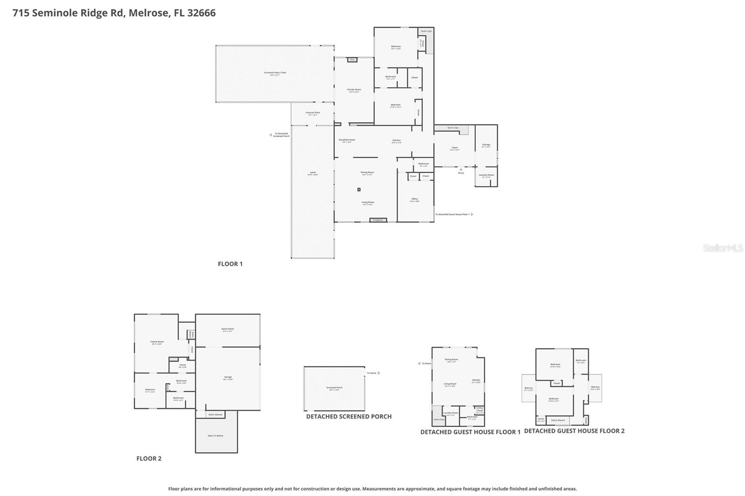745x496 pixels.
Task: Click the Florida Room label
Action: [x=354, y=90]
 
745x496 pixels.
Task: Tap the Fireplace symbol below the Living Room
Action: [x=378, y=220]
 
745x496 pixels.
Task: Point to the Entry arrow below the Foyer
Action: [x=461, y=170]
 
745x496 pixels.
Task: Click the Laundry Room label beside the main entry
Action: [x=486, y=175]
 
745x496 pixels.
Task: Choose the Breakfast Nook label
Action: [x=347, y=140]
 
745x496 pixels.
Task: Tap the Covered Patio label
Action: [x=312, y=113]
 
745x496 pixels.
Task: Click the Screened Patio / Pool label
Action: [x=275, y=73]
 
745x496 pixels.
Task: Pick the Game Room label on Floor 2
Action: [x=228, y=329]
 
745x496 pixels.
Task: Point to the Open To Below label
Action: [x=216, y=436]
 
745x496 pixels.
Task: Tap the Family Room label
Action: [x=157, y=342]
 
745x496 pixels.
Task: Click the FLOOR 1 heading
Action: [x=230, y=264]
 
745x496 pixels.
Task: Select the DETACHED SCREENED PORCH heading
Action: [x=349, y=416]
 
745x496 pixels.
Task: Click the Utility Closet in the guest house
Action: [x=480, y=409]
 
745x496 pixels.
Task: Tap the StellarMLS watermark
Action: [x=723, y=248]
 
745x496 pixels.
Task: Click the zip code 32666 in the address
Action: [x=201, y=13]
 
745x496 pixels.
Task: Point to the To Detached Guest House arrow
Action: [x=472, y=214]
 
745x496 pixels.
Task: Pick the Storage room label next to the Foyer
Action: [x=486, y=145]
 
